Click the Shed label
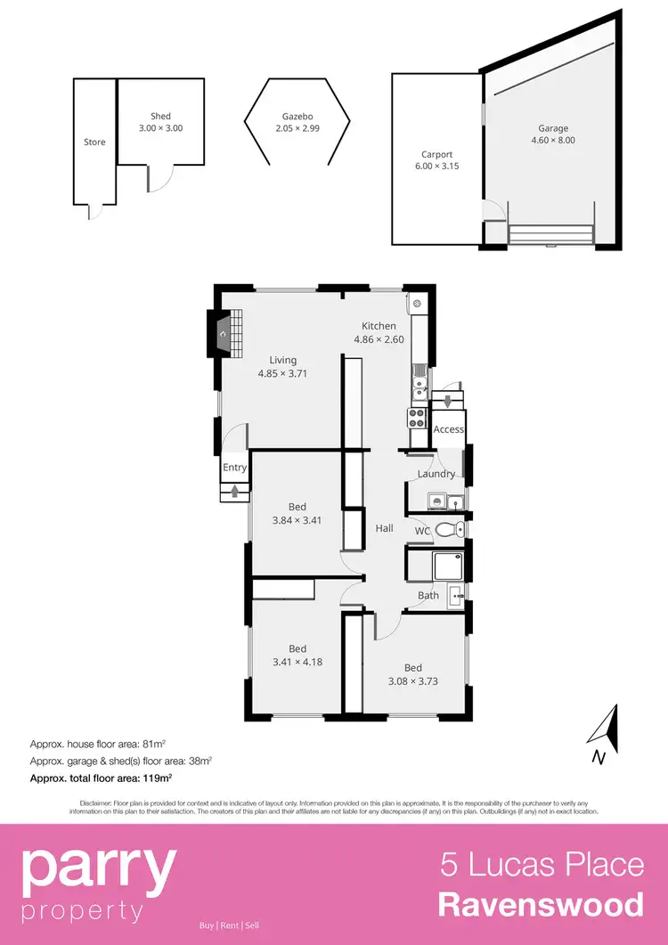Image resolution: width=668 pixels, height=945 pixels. point(160,117)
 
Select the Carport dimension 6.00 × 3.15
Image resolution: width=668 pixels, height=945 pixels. point(437,166)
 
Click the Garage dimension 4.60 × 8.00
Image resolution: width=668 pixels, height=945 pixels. point(552,140)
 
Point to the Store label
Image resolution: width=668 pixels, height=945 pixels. point(94,143)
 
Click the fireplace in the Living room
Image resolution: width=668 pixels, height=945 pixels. point(222,332)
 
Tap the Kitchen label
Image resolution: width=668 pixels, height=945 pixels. point(379,326)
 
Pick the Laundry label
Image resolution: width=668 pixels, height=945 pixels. point(436,474)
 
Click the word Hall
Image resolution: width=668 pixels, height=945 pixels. point(384,528)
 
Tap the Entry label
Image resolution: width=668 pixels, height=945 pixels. point(235,468)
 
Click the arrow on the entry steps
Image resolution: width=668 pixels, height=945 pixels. point(235,489)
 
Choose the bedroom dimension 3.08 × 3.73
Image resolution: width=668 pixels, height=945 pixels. point(413,681)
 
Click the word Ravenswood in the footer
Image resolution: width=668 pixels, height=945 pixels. point(541,905)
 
